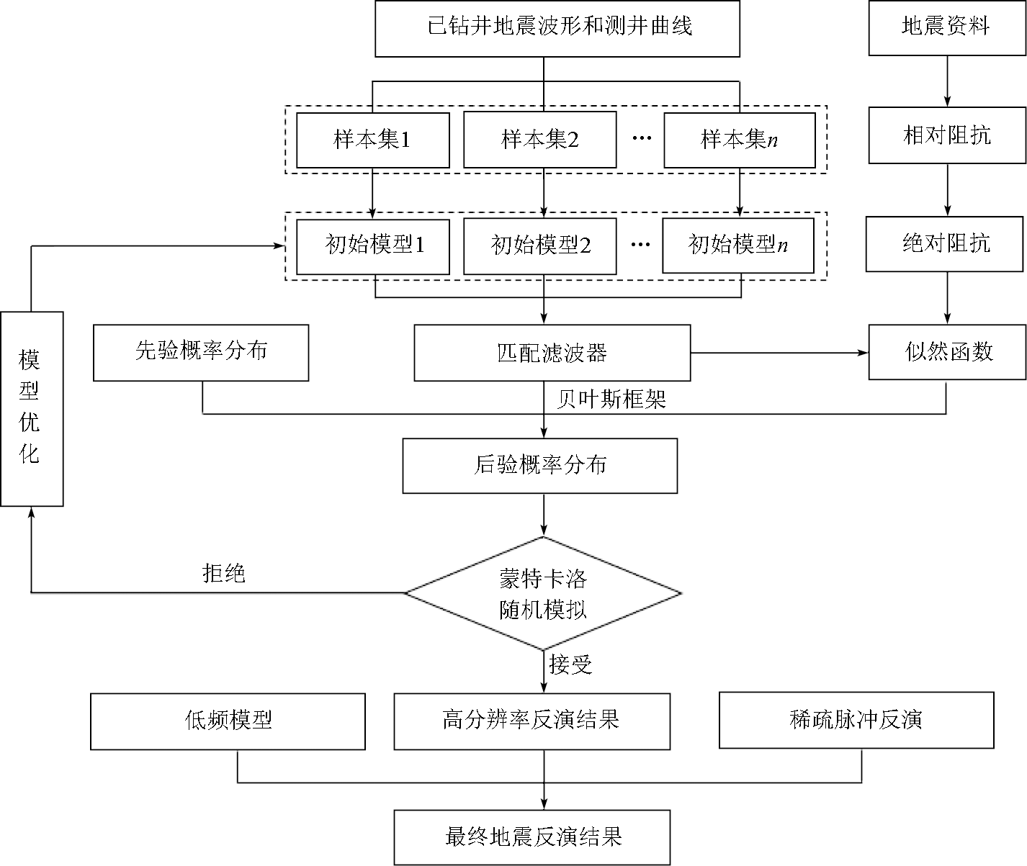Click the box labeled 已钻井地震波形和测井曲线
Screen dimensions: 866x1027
click(x=557, y=28)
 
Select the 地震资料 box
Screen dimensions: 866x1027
click(x=946, y=28)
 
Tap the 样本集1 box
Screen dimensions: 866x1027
click(x=372, y=140)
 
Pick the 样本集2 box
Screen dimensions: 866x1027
click(x=539, y=140)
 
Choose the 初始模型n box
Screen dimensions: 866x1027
click(x=738, y=245)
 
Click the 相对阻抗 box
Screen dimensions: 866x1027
click(x=946, y=135)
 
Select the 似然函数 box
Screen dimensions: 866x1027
click(x=947, y=352)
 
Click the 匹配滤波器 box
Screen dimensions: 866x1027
click(x=552, y=353)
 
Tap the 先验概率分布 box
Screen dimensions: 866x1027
click(x=201, y=352)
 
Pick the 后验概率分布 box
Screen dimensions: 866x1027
click(x=539, y=466)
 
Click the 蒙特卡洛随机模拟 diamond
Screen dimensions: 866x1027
click(x=543, y=594)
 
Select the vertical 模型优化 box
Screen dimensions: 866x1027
click(x=32, y=408)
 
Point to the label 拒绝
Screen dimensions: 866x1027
click(x=224, y=573)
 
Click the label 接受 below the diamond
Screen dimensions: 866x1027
click(x=570, y=664)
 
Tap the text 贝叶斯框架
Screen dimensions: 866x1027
click(x=611, y=398)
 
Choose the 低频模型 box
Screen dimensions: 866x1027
click(x=228, y=721)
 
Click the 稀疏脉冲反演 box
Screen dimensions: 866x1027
click(x=856, y=721)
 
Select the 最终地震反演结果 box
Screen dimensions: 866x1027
click(x=532, y=837)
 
